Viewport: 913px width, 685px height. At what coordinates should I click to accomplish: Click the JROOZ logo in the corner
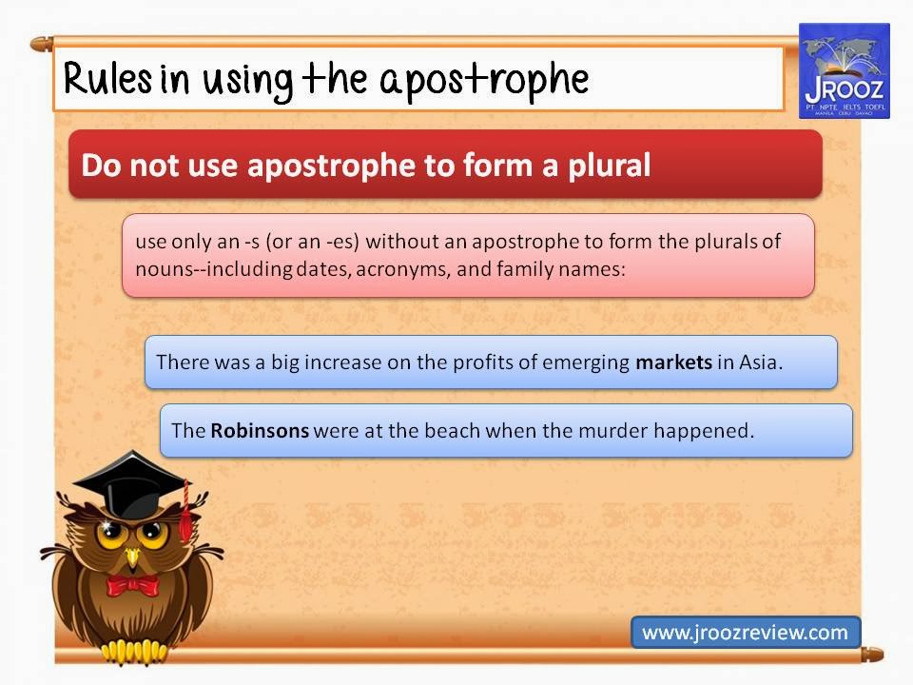[845, 71]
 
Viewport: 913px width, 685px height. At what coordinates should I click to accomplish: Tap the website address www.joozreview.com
[745, 633]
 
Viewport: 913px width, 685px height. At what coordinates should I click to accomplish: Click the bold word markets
[673, 362]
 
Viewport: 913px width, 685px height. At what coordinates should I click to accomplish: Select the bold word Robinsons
[260, 430]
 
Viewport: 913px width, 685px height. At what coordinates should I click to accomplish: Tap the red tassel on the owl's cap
[185, 515]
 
